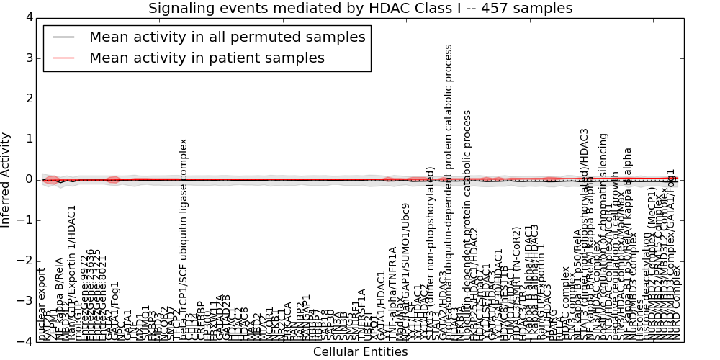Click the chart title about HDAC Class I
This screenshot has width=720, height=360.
point(360,9)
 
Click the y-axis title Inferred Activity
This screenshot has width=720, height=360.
point(6,179)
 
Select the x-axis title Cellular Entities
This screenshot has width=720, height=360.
point(360,351)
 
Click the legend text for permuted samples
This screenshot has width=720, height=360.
point(227,37)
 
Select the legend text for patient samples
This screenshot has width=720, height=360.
point(207,58)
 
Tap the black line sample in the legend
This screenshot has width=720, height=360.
point(62,37)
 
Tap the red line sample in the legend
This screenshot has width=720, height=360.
point(62,58)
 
